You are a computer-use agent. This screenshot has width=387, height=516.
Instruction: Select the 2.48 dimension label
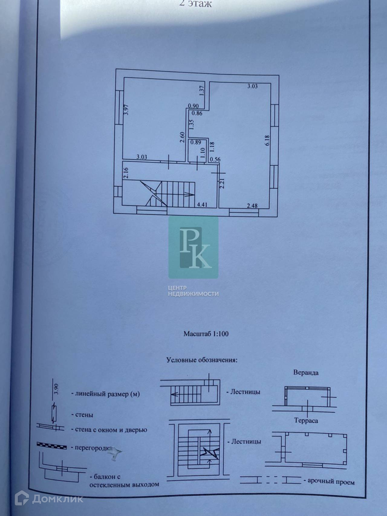(x=252, y=206)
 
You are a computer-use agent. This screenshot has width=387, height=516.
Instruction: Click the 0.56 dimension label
(x=215, y=160)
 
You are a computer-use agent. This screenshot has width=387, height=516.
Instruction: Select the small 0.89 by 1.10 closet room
(x=197, y=150)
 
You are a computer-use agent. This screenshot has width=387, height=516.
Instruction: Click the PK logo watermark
(x=193, y=247)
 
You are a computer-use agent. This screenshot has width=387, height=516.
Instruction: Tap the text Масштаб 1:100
(x=206, y=334)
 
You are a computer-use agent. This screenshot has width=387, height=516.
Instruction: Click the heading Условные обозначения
(x=202, y=360)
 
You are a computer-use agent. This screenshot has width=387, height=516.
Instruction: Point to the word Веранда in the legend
(x=306, y=372)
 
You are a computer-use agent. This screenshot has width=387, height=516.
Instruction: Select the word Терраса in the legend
(x=306, y=420)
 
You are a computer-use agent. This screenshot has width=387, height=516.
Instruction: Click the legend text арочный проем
(x=331, y=482)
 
